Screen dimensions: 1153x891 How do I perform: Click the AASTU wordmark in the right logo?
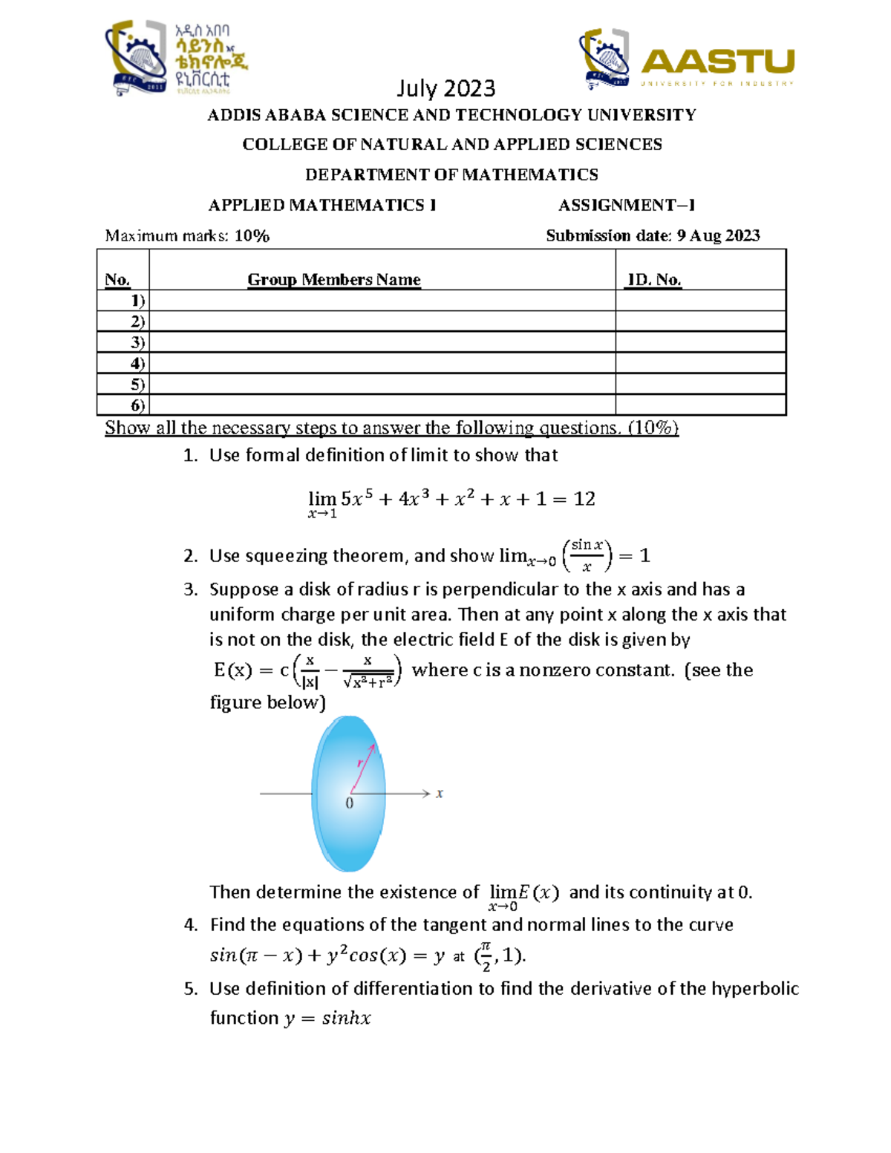coord(717,61)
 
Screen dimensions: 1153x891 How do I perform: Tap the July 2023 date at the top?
coord(446,88)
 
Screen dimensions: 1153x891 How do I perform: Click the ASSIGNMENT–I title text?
coord(626,205)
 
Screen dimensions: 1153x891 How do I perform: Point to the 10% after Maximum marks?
coord(252,236)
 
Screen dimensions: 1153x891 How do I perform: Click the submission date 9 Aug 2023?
coord(718,235)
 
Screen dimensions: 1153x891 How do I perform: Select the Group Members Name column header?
coord(333,279)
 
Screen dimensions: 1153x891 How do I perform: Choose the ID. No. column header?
coord(654,279)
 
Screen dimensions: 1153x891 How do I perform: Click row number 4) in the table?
coord(137,363)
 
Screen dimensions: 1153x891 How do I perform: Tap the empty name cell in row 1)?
coord(382,300)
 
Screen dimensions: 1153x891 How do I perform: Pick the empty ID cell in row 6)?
coord(699,405)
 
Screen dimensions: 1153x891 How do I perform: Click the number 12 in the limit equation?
coord(584,499)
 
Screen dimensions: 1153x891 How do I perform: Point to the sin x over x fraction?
coord(587,555)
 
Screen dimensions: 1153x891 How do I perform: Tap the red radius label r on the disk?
coord(360,762)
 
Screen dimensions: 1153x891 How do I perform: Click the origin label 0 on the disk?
coord(349,803)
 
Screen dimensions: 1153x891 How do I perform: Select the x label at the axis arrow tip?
coord(440,793)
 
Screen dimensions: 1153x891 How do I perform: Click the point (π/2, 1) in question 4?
coord(500,956)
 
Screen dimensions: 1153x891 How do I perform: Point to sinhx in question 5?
coord(346,1018)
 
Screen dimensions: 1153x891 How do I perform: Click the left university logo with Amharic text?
coord(177,58)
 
